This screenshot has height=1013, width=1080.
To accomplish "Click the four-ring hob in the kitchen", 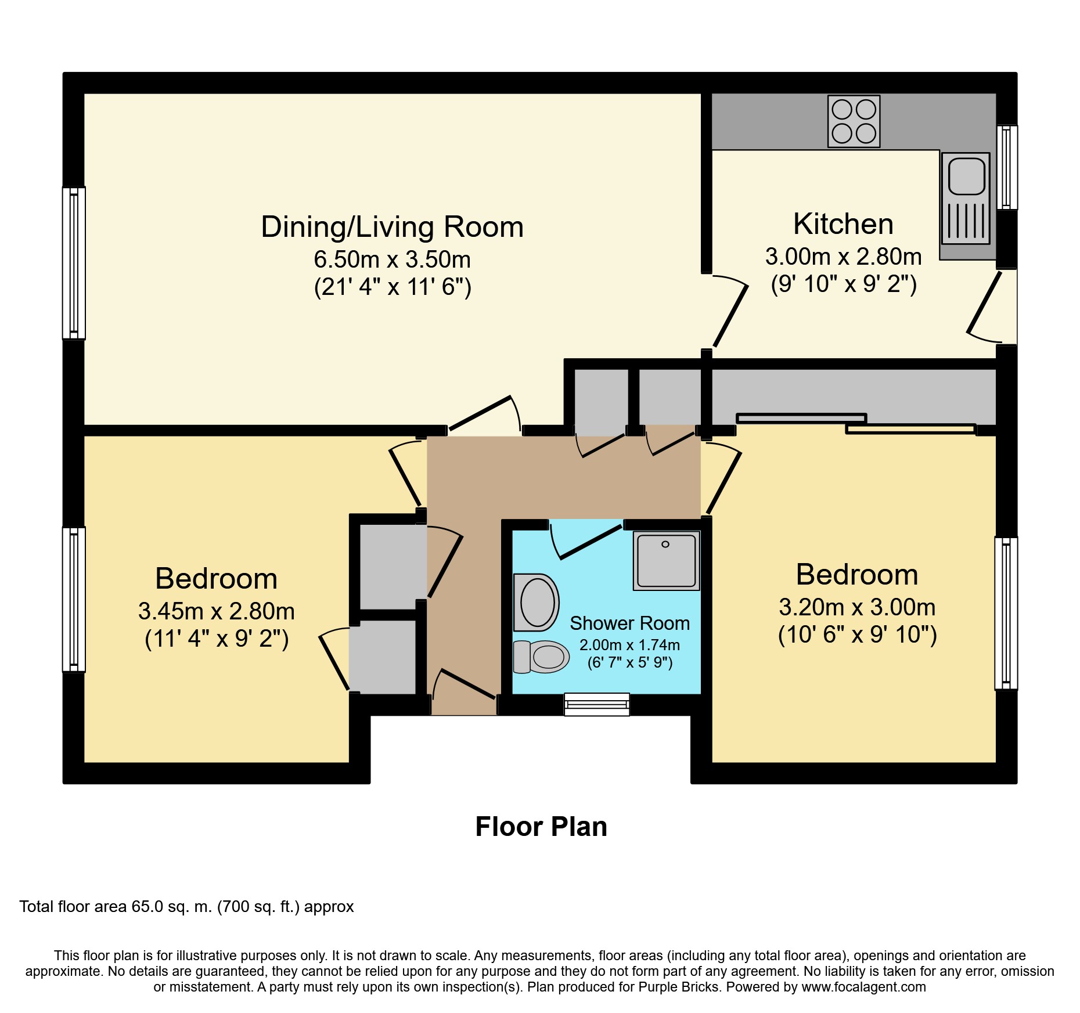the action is tap(854, 121).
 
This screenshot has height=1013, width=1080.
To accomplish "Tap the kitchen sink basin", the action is tap(966, 176).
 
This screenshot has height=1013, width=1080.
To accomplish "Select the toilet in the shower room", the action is tap(541, 657).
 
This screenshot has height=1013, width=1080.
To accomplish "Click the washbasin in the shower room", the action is tap(537, 602).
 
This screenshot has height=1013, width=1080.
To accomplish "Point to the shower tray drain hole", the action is tap(665, 544).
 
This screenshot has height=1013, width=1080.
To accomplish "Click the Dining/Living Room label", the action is tap(392, 226).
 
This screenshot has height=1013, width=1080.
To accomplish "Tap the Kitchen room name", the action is tap(843, 224).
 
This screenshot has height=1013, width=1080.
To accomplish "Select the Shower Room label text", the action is tap(629, 623).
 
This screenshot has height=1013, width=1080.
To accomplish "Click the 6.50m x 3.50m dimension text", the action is tap(392, 259).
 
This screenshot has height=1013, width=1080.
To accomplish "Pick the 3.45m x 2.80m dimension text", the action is tap(216, 611).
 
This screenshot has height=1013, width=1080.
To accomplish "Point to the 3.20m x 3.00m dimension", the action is tap(857, 607).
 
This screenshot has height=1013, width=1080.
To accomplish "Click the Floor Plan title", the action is tap(541, 827).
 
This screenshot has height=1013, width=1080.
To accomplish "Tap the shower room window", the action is tap(597, 704).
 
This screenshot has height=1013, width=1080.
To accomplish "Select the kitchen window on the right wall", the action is tap(1007, 167).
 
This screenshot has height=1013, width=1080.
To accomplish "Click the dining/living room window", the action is tap(74, 263).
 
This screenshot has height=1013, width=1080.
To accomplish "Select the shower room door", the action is tap(585, 540).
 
